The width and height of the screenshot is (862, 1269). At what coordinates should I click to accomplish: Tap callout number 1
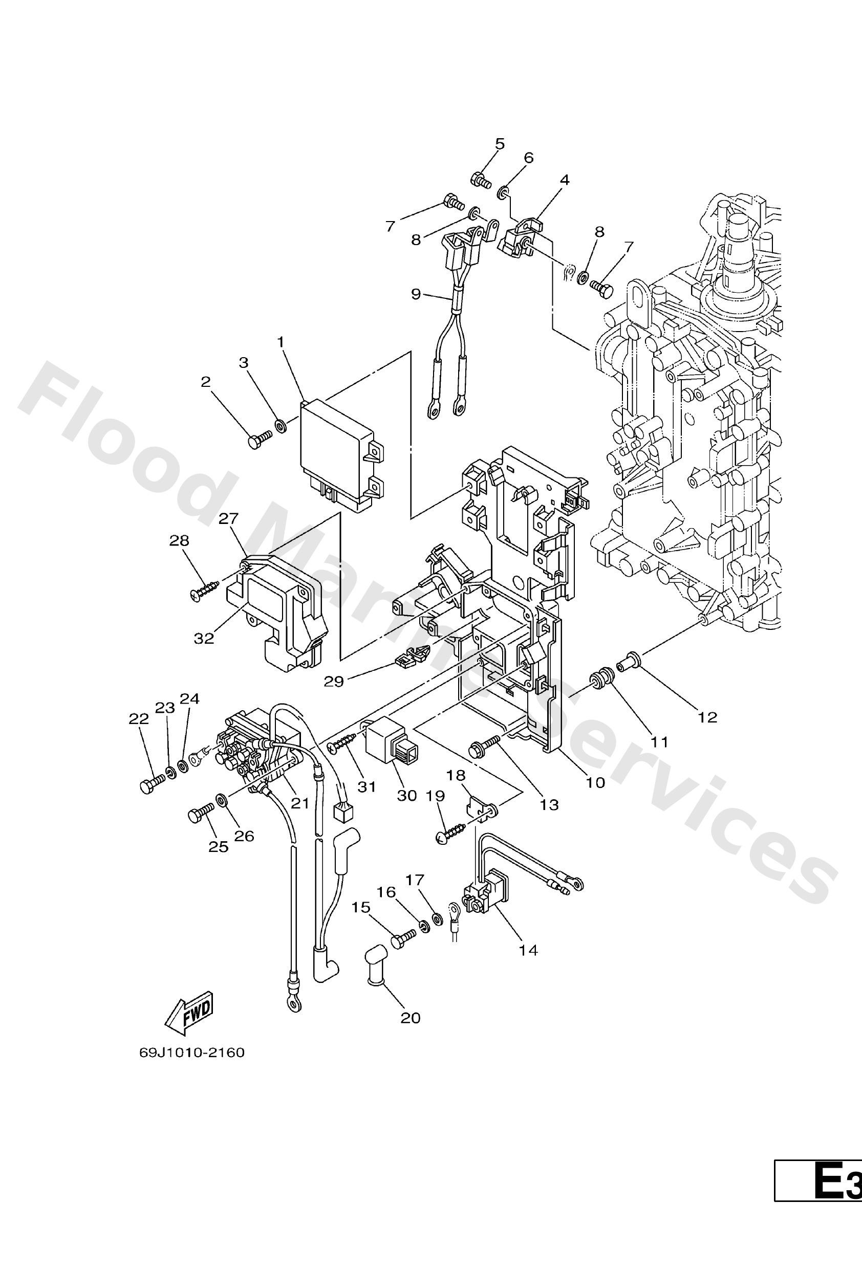click(x=281, y=342)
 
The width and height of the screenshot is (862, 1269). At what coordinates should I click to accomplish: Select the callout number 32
click(x=204, y=638)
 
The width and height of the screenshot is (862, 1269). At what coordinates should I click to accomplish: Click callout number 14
click(x=528, y=951)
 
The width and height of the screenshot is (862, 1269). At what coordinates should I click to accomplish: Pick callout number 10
click(x=595, y=782)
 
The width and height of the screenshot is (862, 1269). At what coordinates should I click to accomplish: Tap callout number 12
click(x=707, y=717)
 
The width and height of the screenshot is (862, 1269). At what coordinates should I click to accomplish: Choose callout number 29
click(x=334, y=682)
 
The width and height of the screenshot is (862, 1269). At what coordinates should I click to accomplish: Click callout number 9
click(x=416, y=294)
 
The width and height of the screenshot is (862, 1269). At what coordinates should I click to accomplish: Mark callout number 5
click(x=500, y=144)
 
